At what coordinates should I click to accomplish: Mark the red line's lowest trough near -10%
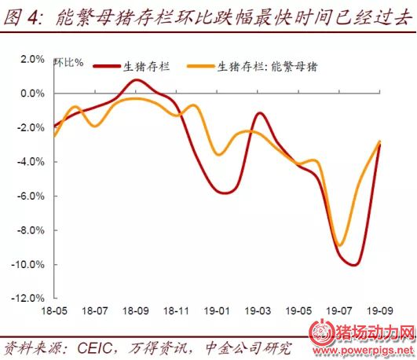coord(354,265)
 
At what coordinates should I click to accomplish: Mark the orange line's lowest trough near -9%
coord(340,245)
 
